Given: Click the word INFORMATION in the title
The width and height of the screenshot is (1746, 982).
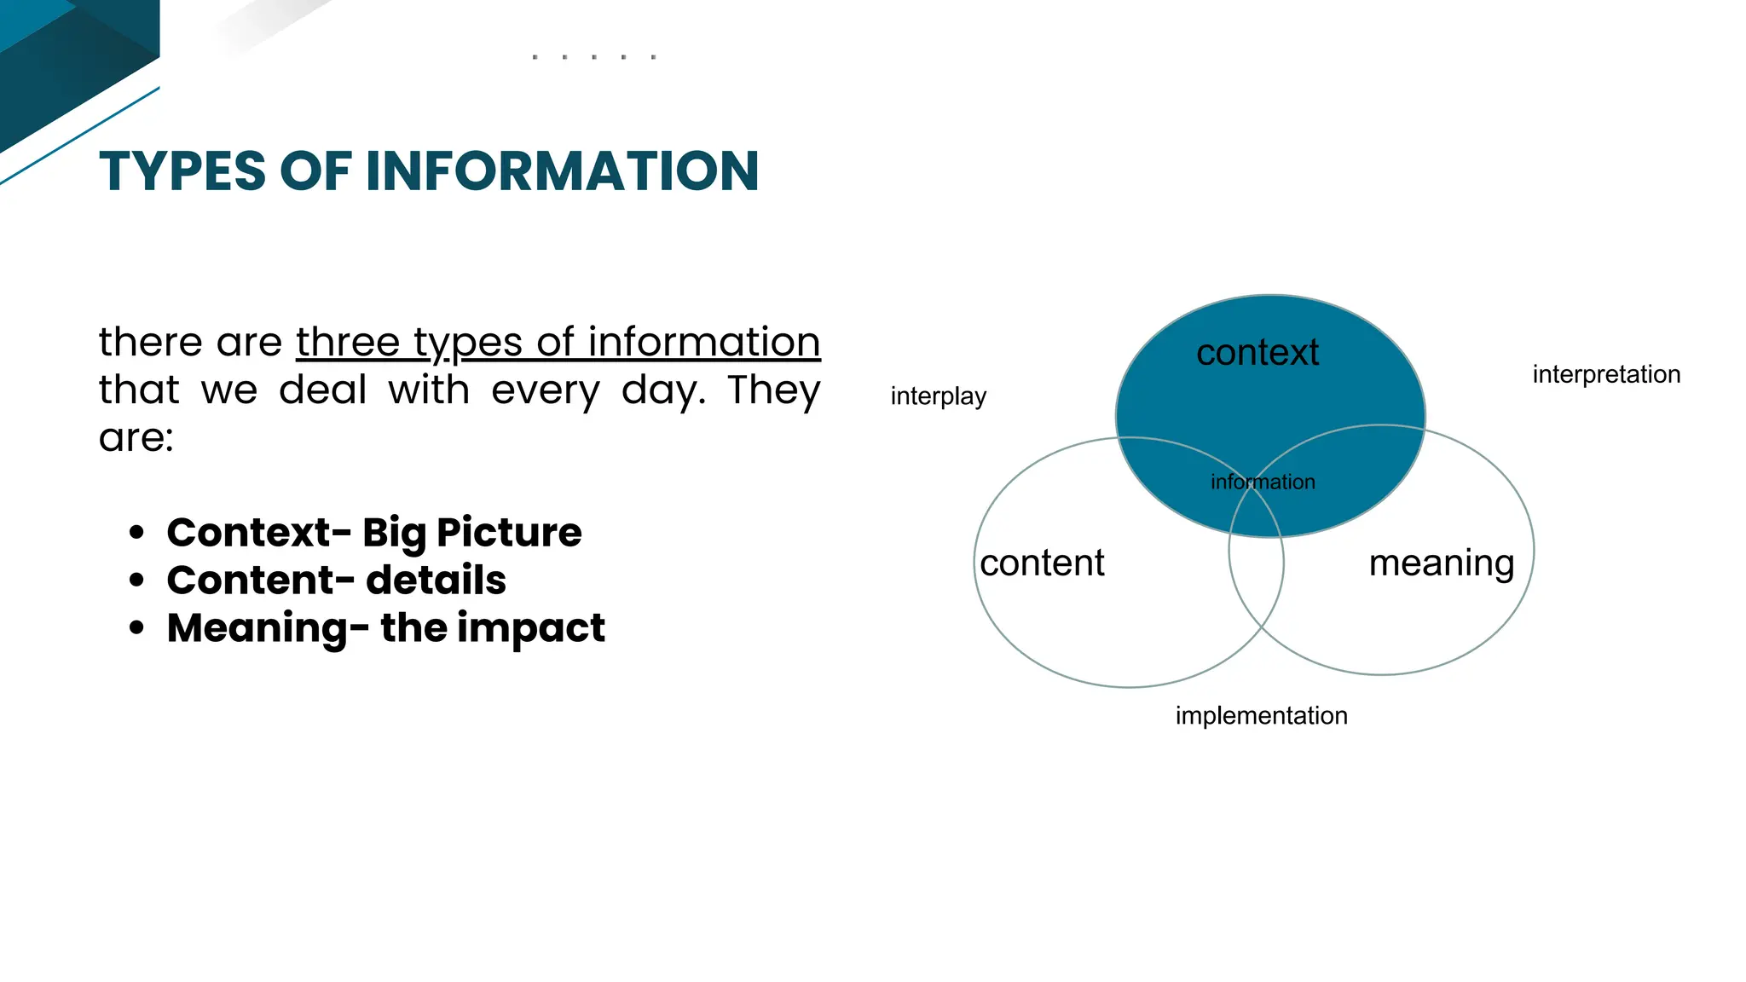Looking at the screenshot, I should [562, 171].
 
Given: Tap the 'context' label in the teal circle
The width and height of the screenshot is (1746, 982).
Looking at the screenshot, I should [1257, 353].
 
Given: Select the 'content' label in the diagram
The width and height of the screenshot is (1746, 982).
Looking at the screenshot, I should [1042, 563].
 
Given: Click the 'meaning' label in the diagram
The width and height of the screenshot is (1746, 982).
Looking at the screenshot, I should [1442, 563].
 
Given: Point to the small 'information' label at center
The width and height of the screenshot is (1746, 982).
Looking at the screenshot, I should [1263, 482].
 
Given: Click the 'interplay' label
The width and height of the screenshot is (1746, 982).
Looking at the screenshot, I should [938, 396].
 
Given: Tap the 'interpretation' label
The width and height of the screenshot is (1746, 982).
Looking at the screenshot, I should [1606, 374].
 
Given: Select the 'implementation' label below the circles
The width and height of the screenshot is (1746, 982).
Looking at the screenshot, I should [1261, 715].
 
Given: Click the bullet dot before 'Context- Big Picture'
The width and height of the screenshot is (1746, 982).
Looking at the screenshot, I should [136, 533].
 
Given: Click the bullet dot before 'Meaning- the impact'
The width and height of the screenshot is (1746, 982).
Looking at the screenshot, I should [136, 628].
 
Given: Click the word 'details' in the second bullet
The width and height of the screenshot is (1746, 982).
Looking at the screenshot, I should [436, 581].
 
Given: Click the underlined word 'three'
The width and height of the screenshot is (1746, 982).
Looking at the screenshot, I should [347, 343].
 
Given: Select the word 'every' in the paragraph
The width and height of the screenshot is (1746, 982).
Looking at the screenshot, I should [546, 390].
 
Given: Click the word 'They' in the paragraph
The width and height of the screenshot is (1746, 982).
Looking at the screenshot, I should [773, 390].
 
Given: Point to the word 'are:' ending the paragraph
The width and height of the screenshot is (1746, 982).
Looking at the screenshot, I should [136, 438].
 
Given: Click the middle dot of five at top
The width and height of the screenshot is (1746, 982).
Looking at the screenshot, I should [593, 57].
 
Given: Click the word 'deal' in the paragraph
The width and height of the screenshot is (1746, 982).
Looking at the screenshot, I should [322, 390].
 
